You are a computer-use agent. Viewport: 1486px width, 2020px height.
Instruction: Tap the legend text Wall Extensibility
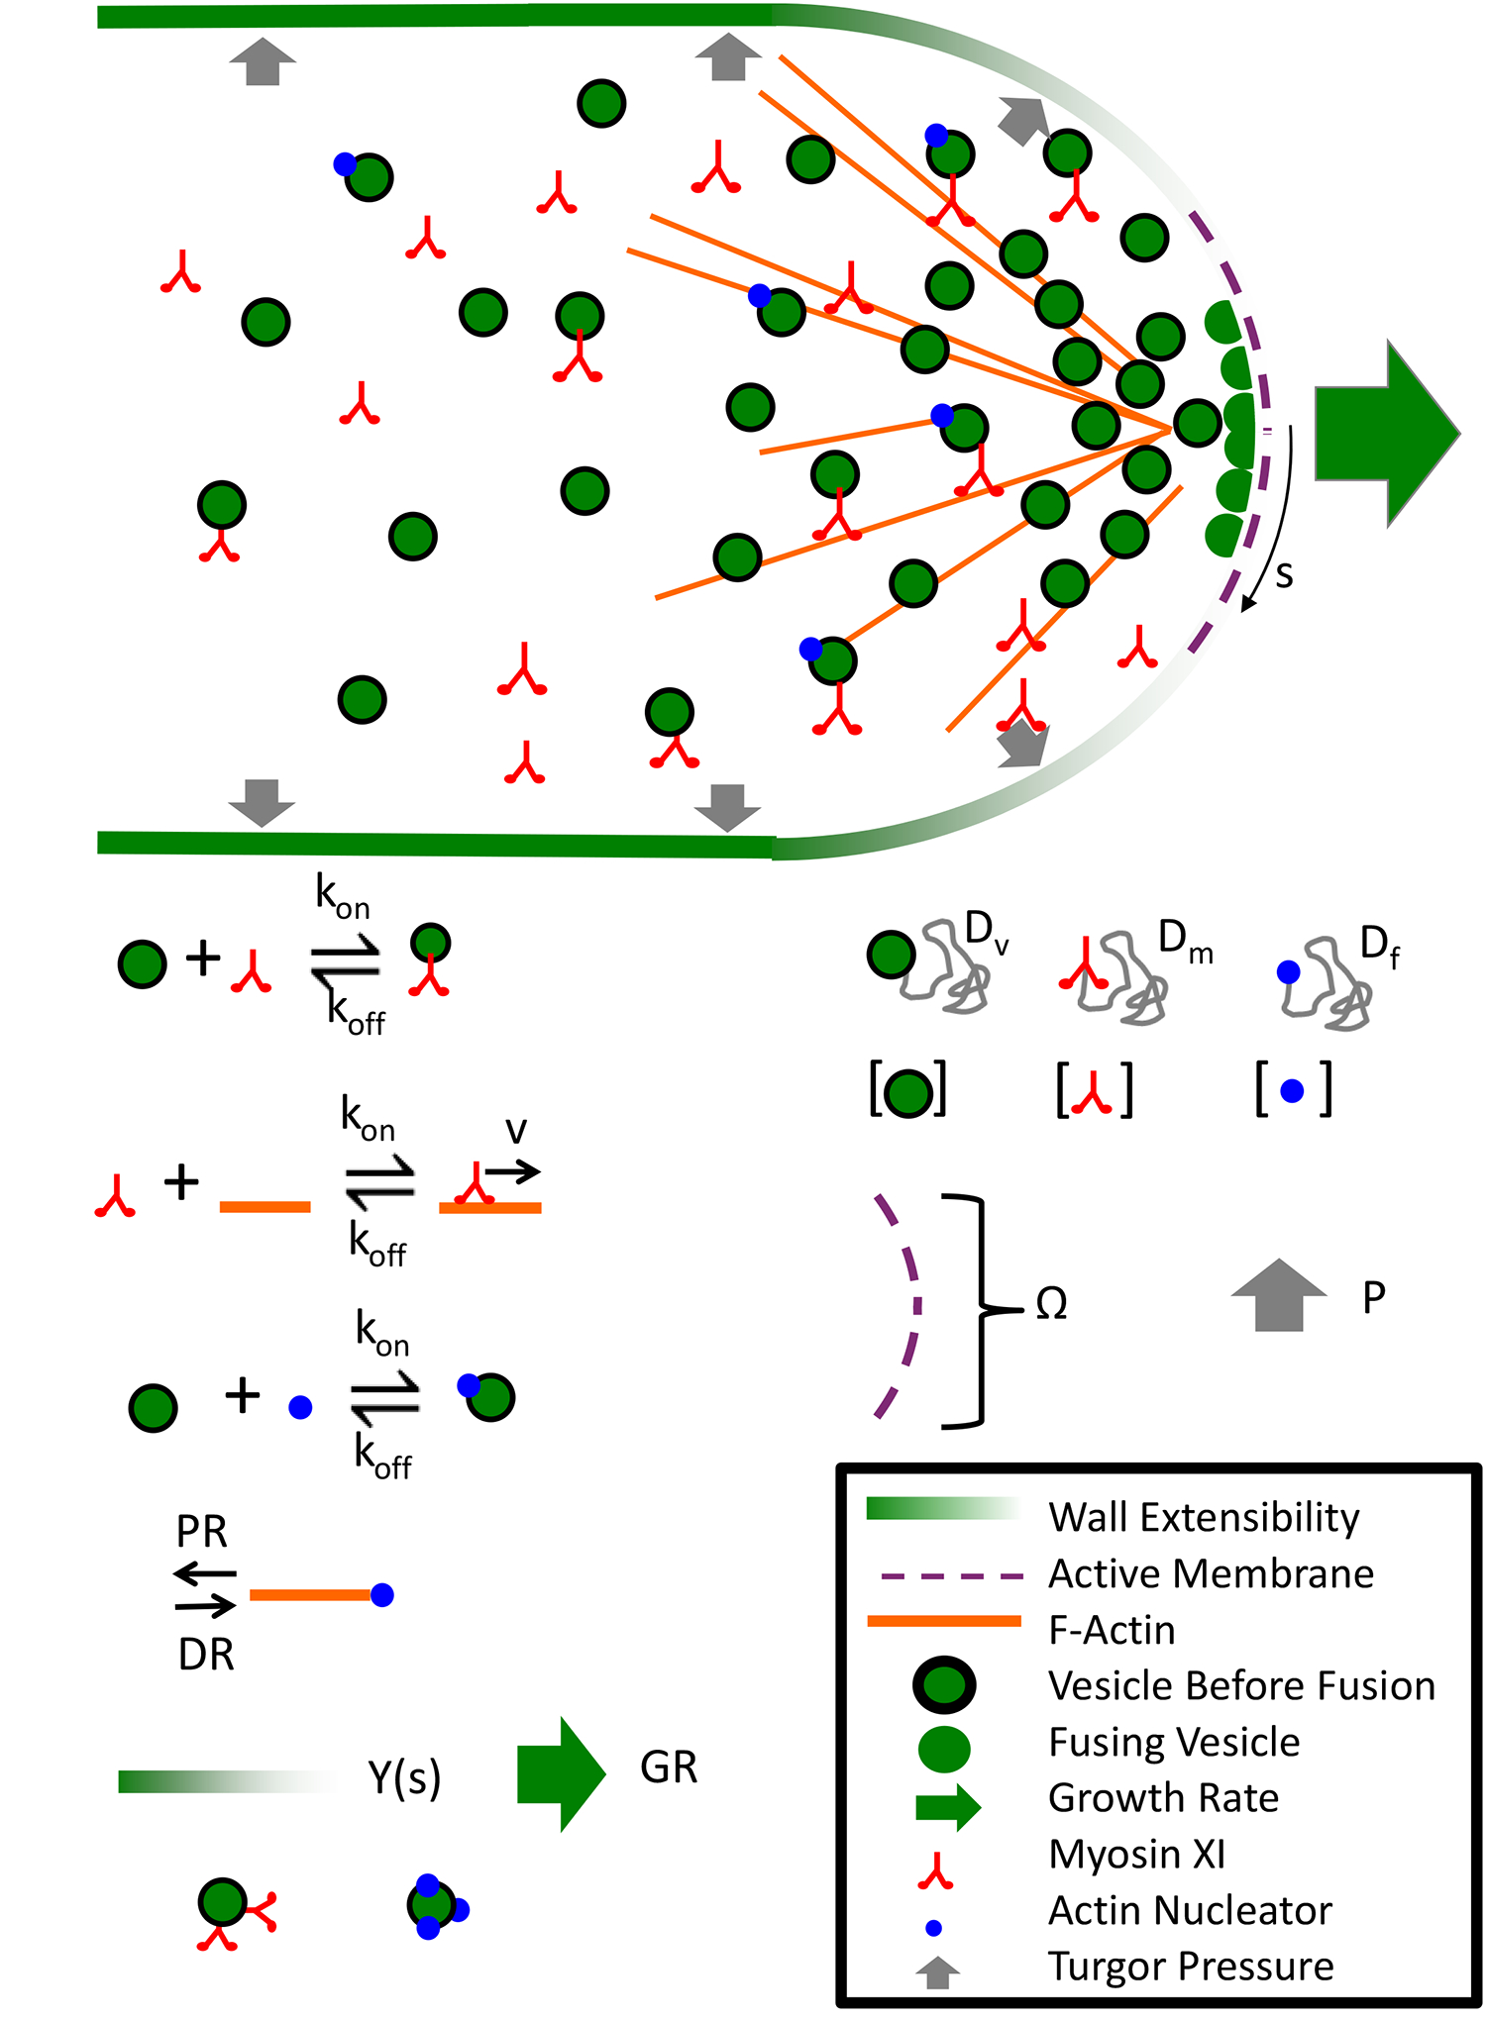[1204, 1518]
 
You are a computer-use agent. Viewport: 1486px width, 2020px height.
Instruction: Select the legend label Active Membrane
[1211, 1573]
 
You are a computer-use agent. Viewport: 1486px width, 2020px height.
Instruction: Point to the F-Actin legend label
[1112, 1630]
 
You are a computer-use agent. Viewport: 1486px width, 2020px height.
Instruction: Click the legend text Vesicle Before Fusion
[1241, 1685]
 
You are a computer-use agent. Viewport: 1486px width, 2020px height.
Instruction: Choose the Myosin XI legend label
[1137, 1854]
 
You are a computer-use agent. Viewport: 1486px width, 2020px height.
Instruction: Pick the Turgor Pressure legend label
[1191, 1966]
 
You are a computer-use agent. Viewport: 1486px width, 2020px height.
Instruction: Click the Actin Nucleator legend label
[1190, 1910]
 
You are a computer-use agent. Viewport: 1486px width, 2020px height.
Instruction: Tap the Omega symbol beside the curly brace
[1051, 1304]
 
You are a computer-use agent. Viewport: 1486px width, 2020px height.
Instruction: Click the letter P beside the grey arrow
[1373, 1297]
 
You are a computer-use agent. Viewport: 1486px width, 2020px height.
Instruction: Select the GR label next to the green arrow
[669, 1767]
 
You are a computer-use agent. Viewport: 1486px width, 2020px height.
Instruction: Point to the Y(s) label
[404, 1777]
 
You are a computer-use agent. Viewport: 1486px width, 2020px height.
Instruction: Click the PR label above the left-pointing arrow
[202, 1532]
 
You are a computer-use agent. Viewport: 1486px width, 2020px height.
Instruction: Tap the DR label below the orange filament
[206, 1655]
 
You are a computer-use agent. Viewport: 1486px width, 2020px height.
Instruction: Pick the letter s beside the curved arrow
[1284, 574]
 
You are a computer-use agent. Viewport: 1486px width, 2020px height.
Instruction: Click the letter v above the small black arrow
[515, 1130]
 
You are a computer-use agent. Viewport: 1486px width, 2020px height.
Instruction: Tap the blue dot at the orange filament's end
[381, 1595]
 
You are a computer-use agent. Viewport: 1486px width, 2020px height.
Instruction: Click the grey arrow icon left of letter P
[1278, 1295]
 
